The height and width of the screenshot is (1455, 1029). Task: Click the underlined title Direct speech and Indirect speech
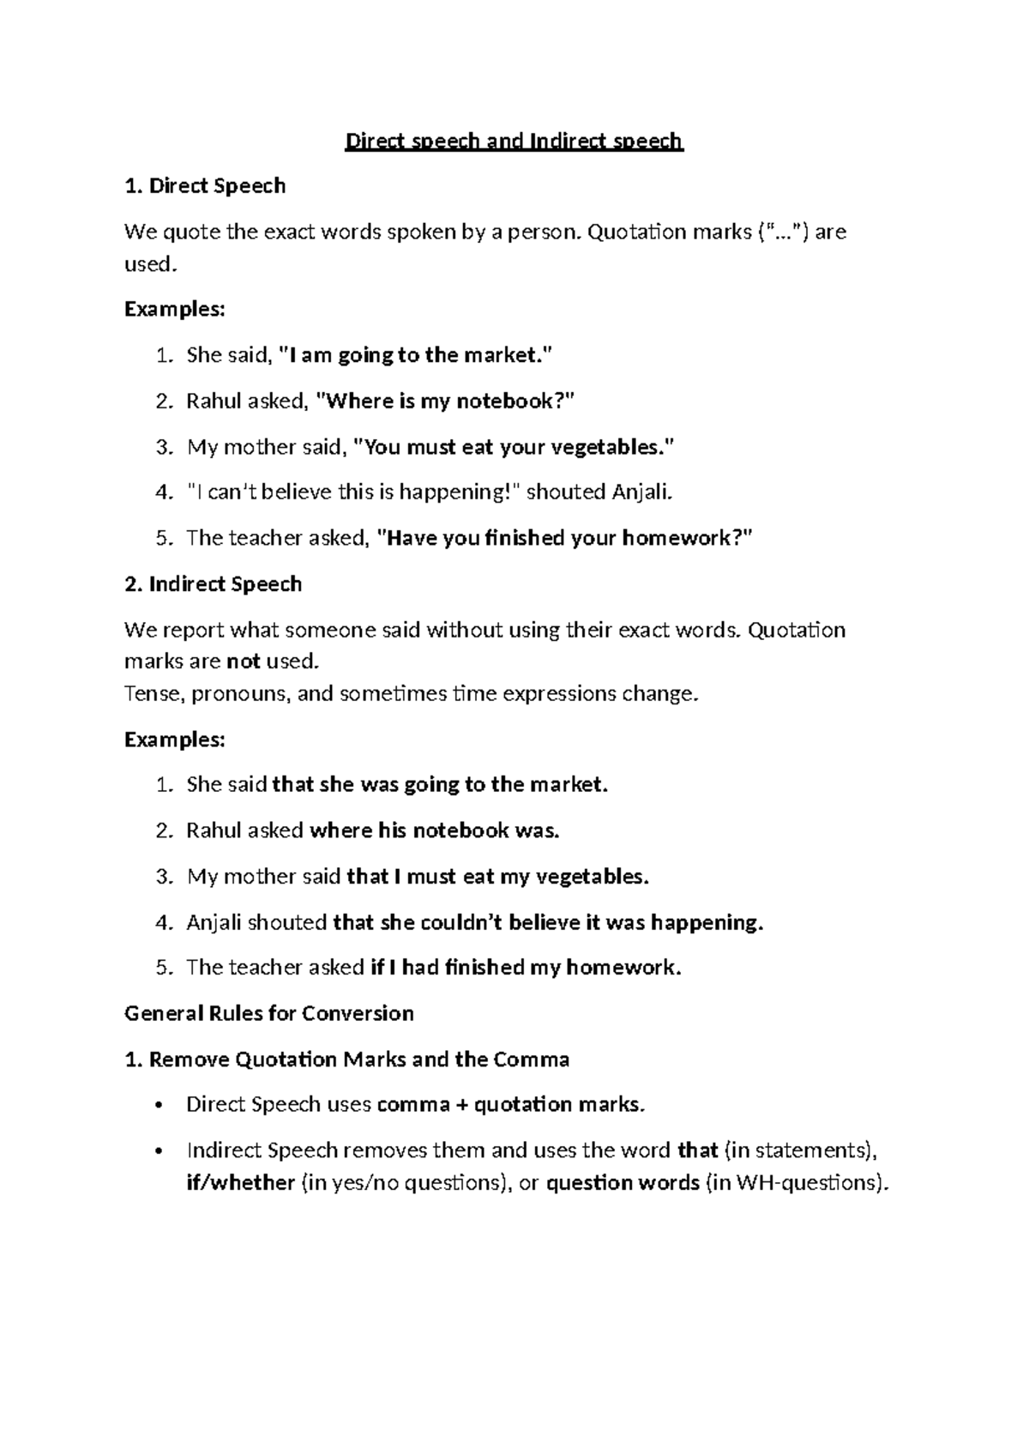(x=514, y=141)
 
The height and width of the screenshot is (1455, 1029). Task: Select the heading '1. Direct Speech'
(x=205, y=186)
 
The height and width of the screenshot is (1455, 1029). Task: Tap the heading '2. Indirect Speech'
(x=213, y=584)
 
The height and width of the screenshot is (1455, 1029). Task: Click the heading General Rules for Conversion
(x=269, y=1013)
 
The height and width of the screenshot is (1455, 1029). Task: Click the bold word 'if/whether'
(x=240, y=1182)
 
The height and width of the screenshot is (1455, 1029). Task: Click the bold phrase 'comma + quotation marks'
(x=509, y=1104)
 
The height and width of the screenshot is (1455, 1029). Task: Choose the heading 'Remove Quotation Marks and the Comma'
(x=359, y=1060)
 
